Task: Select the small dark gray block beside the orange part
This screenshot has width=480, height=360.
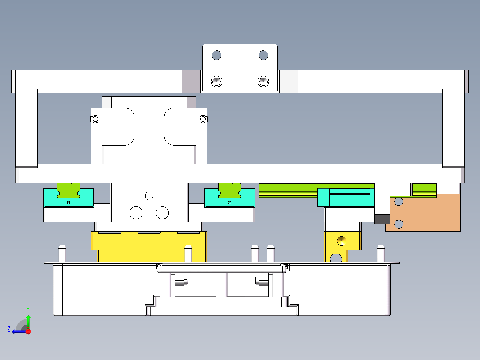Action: (x=382, y=219)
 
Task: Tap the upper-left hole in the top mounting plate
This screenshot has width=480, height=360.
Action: (x=216, y=55)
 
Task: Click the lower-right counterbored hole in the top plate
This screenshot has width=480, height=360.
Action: (x=263, y=82)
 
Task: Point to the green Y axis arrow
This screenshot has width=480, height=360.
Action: (x=28, y=320)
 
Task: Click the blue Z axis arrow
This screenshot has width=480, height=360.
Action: (x=18, y=331)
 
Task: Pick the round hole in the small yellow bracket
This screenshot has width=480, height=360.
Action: (x=342, y=241)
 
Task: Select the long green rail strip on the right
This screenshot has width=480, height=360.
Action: (x=316, y=190)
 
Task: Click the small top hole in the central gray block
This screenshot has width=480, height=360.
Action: (x=149, y=196)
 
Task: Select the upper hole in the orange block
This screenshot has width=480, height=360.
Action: (x=399, y=201)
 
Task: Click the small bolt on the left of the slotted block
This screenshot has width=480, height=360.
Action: (x=95, y=119)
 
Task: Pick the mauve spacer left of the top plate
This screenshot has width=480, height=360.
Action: (x=192, y=82)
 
